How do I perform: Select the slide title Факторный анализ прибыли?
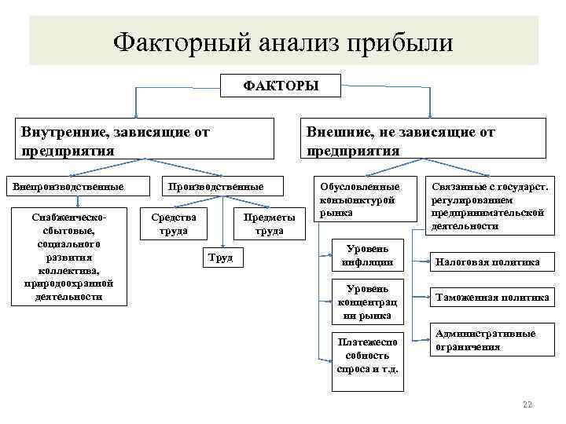pos(283,41)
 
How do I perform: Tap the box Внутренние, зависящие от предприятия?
pos(146,140)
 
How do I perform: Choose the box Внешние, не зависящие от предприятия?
pos(424,140)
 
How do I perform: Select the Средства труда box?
pos(174,223)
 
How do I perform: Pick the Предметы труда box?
pos(270,223)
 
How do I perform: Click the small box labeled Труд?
pos(221,258)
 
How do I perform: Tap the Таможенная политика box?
pos(492,298)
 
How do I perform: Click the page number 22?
pos(527,404)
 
